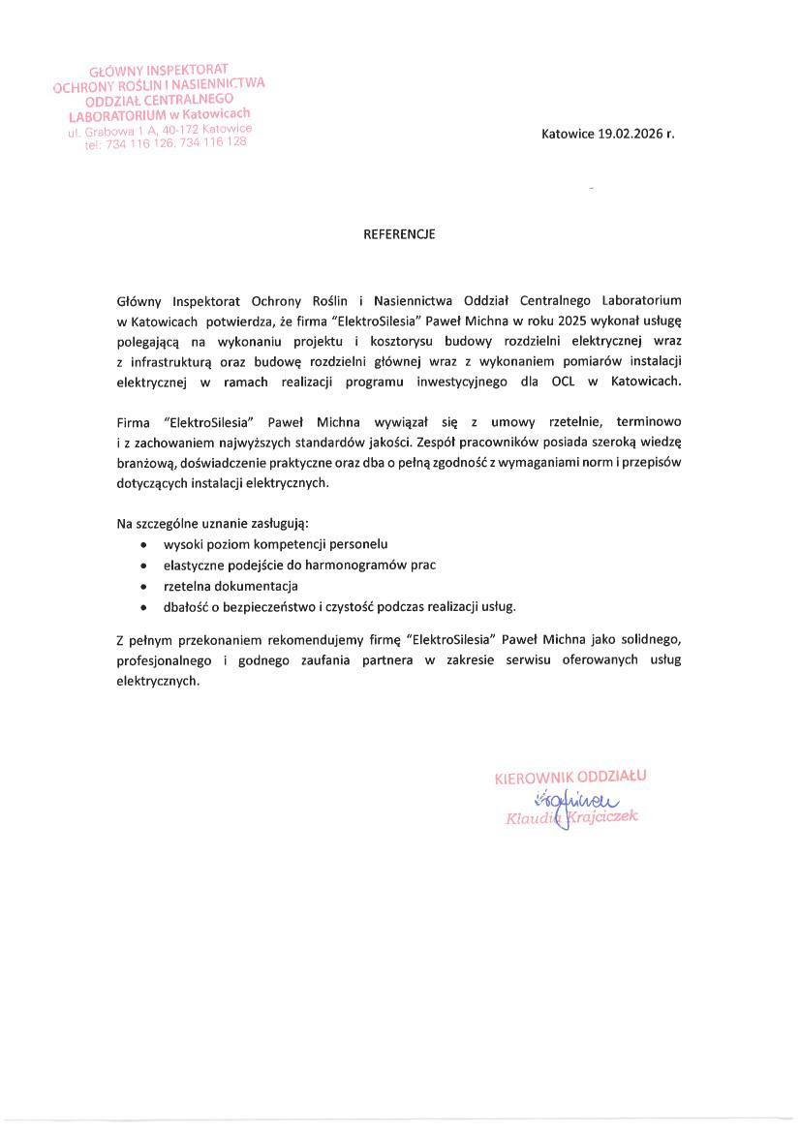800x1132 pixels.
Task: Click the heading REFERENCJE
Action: (399, 234)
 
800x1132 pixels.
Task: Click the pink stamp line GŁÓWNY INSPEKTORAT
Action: (158, 72)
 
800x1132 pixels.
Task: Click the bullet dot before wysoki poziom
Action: (143, 546)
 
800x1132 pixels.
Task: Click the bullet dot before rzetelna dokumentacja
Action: (143, 587)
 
